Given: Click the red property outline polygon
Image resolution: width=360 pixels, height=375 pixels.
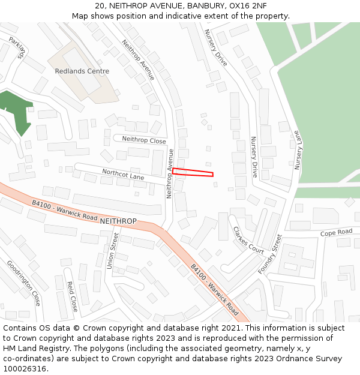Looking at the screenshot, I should pyautogui.click(x=193, y=173).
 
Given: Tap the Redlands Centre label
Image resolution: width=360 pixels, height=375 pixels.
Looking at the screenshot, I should pyautogui.click(x=82, y=71).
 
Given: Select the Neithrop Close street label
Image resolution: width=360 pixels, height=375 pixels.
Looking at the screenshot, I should pyautogui.click(x=144, y=140).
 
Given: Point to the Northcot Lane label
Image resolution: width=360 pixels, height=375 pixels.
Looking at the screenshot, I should pyautogui.click(x=123, y=175).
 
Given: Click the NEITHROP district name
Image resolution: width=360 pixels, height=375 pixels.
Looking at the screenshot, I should pyautogui.click(x=118, y=221).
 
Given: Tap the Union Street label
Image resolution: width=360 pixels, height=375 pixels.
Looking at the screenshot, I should pyautogui.click(x=112, y=250).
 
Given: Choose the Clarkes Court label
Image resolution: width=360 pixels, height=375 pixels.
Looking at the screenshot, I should pyautogui.click(x=248, y=240).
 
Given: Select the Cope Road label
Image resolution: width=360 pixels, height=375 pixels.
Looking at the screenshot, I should pyautogui.click(x=336, y=233).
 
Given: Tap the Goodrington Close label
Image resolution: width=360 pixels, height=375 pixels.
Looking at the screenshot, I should pyautogui.click(x=24, y=282).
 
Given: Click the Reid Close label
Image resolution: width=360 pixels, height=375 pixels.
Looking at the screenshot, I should pyautogui.click(x=73, y=296).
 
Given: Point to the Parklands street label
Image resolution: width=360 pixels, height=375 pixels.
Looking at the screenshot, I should pyautogui.click(x=16, y=47).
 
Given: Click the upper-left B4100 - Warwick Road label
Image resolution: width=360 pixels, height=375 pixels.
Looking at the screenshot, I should pyautogui.click(x=65, y=209).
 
